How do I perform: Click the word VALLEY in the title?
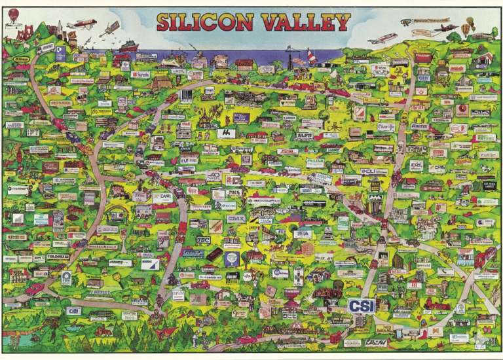click(306, 22)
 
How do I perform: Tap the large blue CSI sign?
click(362, 306)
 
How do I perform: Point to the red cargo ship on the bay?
click(128, 45)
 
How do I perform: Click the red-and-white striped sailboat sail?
click(311, 57)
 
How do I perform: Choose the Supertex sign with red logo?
click(140, 75)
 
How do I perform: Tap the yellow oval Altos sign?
click(21, 59)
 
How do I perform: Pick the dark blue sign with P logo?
click(60, 52)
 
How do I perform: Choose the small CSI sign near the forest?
click(73, 310)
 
